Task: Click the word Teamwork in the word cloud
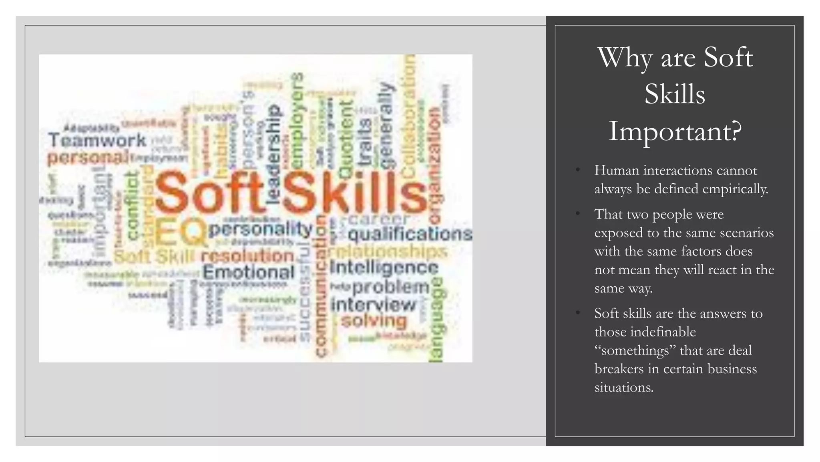point(97,140)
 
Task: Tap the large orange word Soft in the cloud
point(209,192)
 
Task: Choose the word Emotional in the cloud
point(248,273)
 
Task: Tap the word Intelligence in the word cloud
point(384,268)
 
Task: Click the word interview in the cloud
point(374,305)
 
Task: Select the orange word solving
point(374,321)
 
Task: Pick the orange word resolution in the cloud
point(247,256)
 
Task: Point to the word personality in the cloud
point(260,229)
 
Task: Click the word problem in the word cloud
point(391,287)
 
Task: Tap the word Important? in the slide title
point(675,131)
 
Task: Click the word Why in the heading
point(625,58)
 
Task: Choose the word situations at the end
point(623,387)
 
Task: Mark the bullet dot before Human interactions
point(577,170)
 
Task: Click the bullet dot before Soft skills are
point(577,313)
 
